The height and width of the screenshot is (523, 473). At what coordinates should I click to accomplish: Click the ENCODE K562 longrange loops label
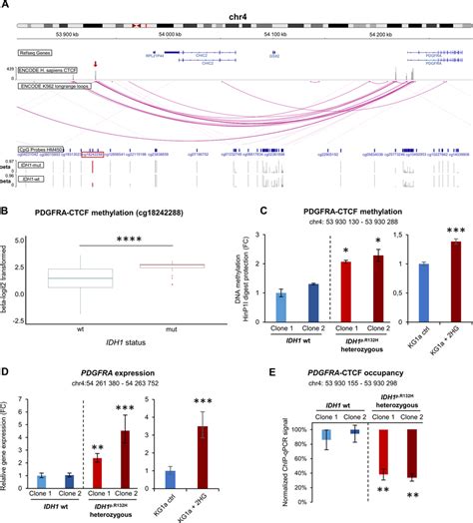coord(52,87)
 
